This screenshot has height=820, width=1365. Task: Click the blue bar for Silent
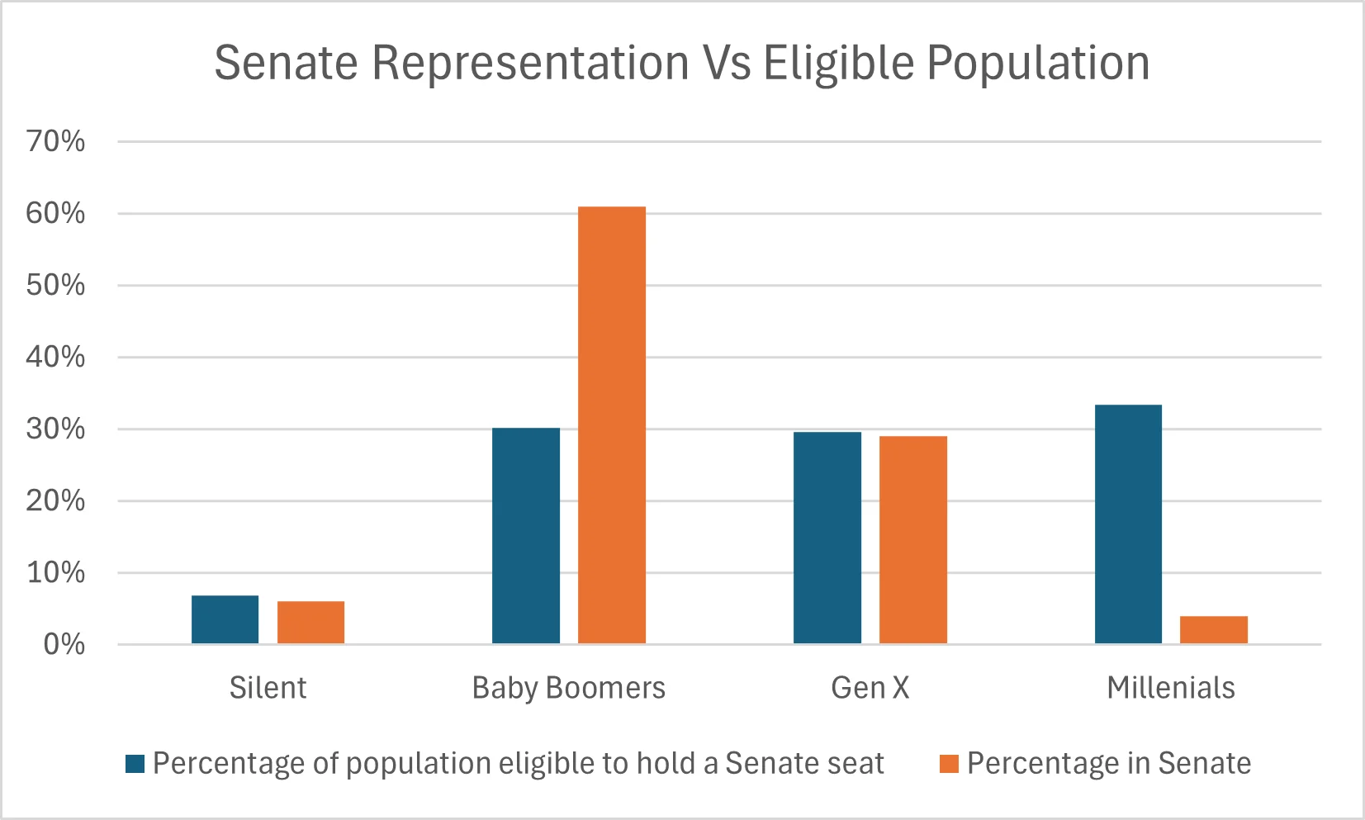coord(225,619)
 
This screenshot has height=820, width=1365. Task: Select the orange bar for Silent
coord(310,623)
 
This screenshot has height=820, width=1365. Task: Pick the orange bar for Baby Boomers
coord(611,424)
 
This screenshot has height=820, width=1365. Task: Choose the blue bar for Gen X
coord(827,538)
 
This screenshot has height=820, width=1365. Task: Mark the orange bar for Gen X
coord(912,539)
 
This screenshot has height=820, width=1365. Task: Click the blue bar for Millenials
coord(1128,524)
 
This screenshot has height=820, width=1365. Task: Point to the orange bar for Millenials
coord(1213,629)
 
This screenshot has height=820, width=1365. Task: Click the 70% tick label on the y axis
coord(55,141)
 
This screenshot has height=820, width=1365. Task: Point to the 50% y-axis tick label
coord(55,285)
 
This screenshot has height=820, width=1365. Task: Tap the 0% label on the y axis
coord(64,644)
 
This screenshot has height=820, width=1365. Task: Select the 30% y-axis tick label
coord(55,429)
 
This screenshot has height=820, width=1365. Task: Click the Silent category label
coord(268,688)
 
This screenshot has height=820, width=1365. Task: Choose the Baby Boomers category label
coord(568,688)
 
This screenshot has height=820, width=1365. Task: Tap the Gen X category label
coord(870,688)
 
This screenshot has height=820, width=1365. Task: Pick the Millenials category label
coord(1170,688)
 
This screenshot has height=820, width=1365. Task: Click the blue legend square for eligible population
coord(135,764)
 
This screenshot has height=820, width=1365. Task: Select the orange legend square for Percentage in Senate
coord(949,764)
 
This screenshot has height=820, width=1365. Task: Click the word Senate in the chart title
coord(286,63)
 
